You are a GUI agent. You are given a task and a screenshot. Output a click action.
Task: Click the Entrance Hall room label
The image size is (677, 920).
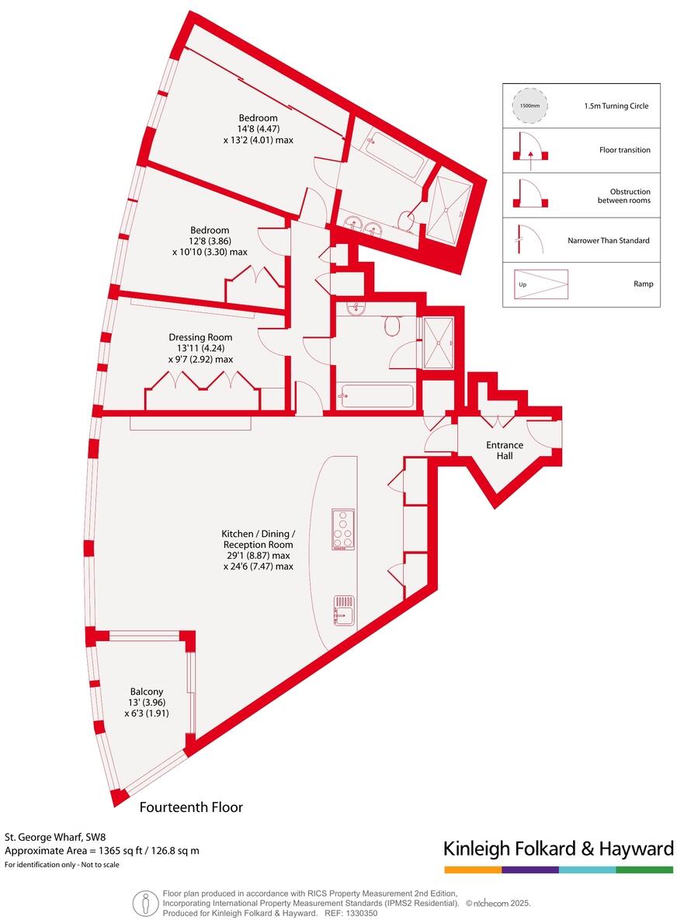[505, 450]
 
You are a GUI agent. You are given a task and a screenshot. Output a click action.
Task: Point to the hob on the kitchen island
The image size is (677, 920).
[342, 530]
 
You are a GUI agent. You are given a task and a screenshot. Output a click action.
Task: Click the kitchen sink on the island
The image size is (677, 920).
[344, 610]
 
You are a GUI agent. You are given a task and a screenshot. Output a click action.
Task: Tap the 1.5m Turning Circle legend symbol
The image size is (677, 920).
[529, 106]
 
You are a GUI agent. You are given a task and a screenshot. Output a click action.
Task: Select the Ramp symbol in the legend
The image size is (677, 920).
[540, 284]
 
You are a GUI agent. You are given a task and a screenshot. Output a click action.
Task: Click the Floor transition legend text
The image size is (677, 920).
[625, 150]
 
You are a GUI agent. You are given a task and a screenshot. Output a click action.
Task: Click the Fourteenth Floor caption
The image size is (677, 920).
[191, 807]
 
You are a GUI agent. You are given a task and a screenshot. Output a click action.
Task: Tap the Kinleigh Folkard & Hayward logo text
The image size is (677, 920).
[558, 849]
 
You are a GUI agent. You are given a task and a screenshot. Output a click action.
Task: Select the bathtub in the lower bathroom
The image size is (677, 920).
[377, 396]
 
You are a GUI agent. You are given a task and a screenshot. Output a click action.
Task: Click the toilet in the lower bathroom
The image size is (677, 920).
[392, 325]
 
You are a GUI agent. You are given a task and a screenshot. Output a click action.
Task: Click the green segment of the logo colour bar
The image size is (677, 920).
[644, 869]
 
